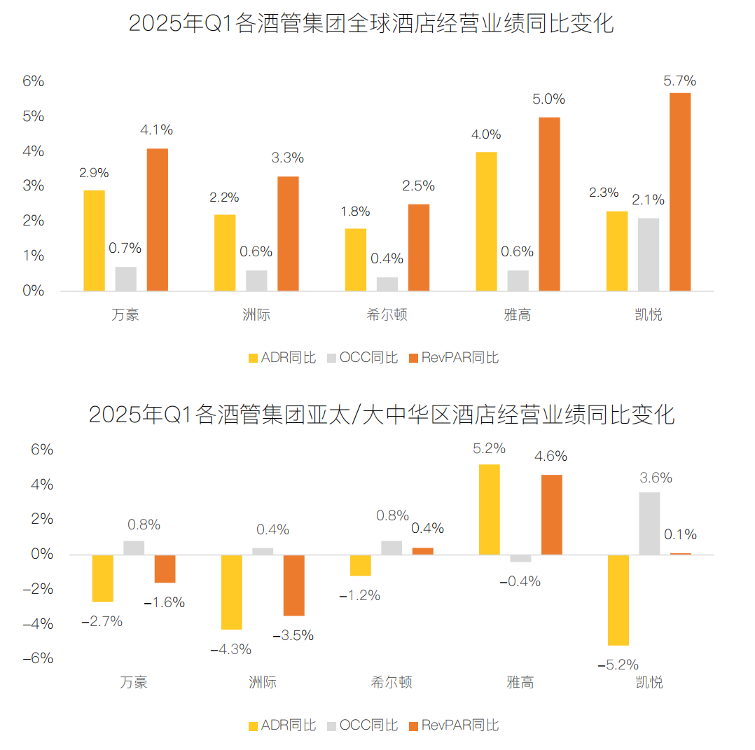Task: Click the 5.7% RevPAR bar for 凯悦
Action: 679,192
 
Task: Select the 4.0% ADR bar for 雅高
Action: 486,221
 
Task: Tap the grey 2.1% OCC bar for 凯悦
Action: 648,254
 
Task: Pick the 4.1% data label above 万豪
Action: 156,130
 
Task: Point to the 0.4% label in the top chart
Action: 387,258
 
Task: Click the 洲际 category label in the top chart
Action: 256,314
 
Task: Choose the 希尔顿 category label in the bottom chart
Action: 391,682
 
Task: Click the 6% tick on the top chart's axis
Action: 33,81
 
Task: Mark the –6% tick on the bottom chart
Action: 38,658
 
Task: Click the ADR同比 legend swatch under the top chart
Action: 254,358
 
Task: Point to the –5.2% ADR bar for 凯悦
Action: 618,600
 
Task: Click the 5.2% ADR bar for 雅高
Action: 489,509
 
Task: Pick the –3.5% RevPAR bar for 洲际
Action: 293,585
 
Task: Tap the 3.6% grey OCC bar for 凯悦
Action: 649,523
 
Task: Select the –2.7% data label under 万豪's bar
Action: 102,621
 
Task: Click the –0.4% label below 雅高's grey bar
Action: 520,581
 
